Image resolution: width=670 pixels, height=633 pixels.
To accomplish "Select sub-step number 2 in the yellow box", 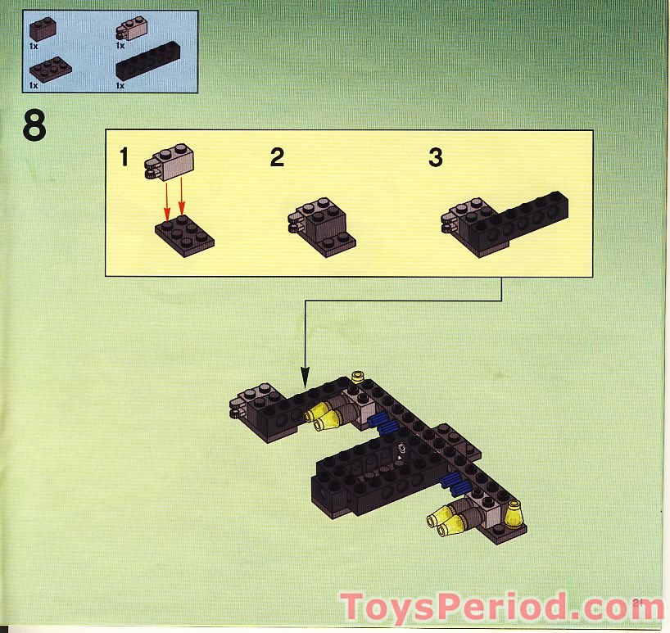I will [277, 157].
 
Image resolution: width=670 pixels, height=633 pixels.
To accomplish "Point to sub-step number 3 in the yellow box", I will [435, 157].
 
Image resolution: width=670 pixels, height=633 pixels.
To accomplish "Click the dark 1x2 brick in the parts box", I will [43, 29].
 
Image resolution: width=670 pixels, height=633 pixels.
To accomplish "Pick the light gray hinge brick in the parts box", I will [131, 29].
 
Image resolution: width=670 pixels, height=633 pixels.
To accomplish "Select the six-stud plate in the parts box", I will [50, 68].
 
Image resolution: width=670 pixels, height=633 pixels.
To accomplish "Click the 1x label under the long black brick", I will [120, 85].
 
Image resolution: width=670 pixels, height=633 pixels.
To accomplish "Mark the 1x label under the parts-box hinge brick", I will [120, 45].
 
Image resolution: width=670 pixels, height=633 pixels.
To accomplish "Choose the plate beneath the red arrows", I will [184, 232].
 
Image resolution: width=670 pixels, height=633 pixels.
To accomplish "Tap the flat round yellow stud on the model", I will [357, 377].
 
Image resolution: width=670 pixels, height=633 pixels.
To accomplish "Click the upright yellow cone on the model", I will [514, 513].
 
